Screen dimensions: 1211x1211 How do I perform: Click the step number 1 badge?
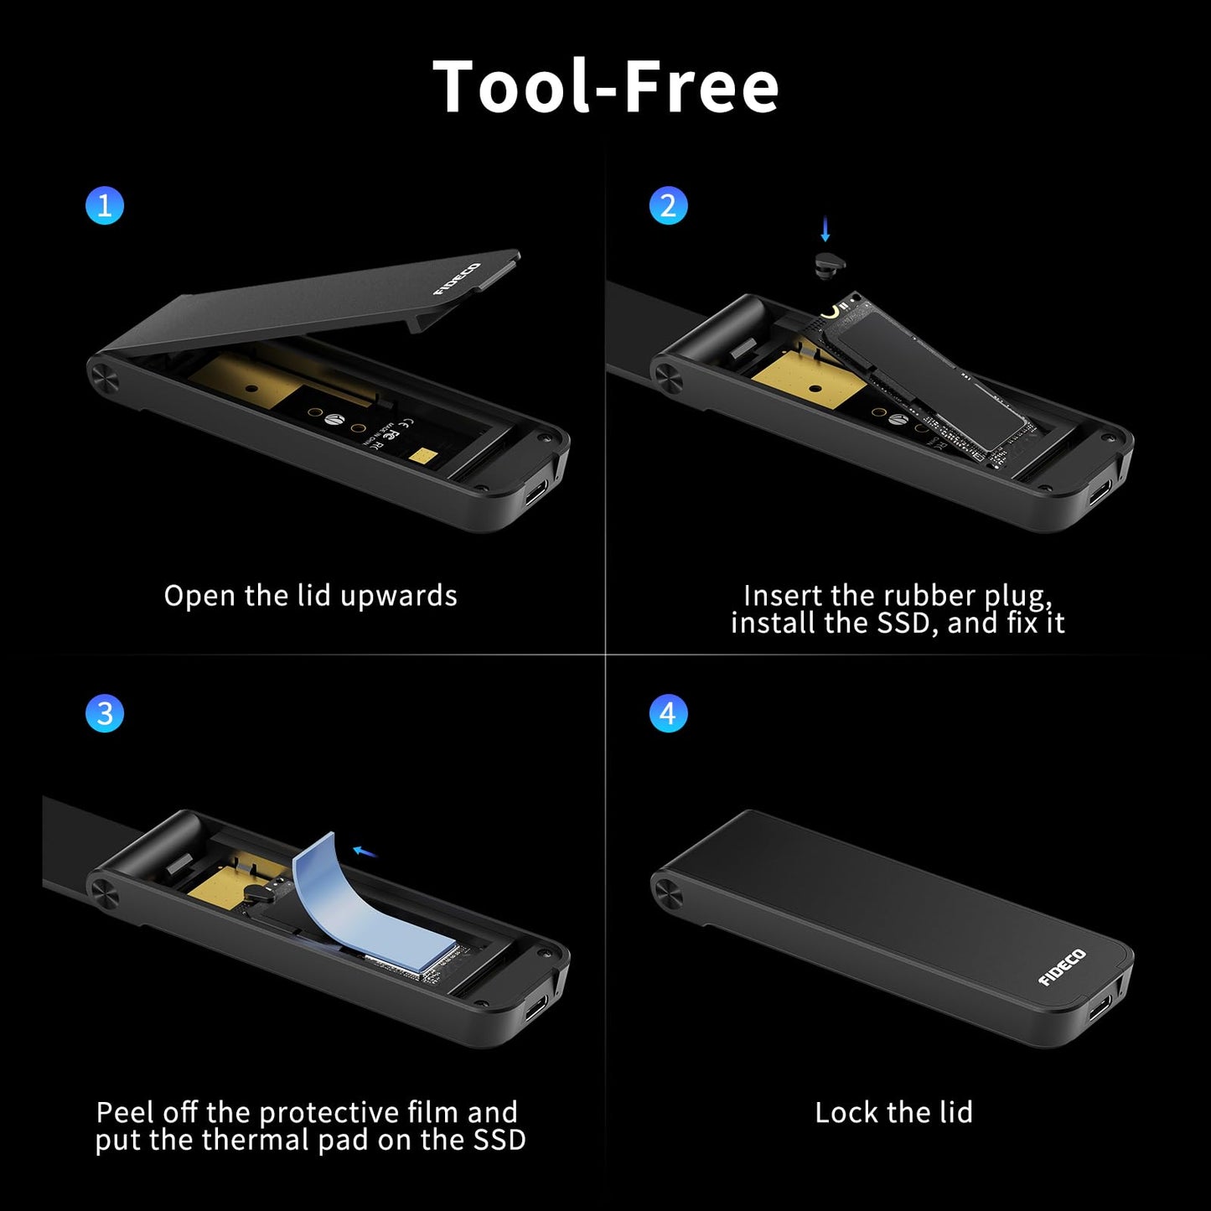(105, 205)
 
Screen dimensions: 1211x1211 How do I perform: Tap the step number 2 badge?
(668, 205)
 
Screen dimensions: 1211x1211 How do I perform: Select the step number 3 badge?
(105, 714)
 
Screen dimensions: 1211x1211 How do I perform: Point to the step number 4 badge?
(668, 714)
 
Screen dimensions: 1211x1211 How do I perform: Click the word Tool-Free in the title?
(605, 86)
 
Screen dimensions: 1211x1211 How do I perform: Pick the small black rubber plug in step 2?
(830, 263)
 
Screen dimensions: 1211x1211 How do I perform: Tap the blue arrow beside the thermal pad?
(365, 852)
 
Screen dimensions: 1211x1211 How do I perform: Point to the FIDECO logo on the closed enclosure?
(1062, 967)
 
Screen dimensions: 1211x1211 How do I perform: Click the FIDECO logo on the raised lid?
(457, 279)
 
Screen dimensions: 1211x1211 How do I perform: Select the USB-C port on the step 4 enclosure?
(1100, 1004)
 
